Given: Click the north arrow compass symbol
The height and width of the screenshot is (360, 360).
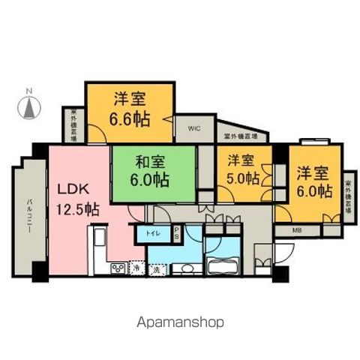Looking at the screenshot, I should [29, 109].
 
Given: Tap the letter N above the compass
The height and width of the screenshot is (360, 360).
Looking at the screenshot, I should [29, 93].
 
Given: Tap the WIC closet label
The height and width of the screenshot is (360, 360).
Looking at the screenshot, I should [193, 128].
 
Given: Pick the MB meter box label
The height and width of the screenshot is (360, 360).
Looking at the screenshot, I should [298, 229].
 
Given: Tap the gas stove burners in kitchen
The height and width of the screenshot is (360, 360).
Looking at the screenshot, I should [119, 268].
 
